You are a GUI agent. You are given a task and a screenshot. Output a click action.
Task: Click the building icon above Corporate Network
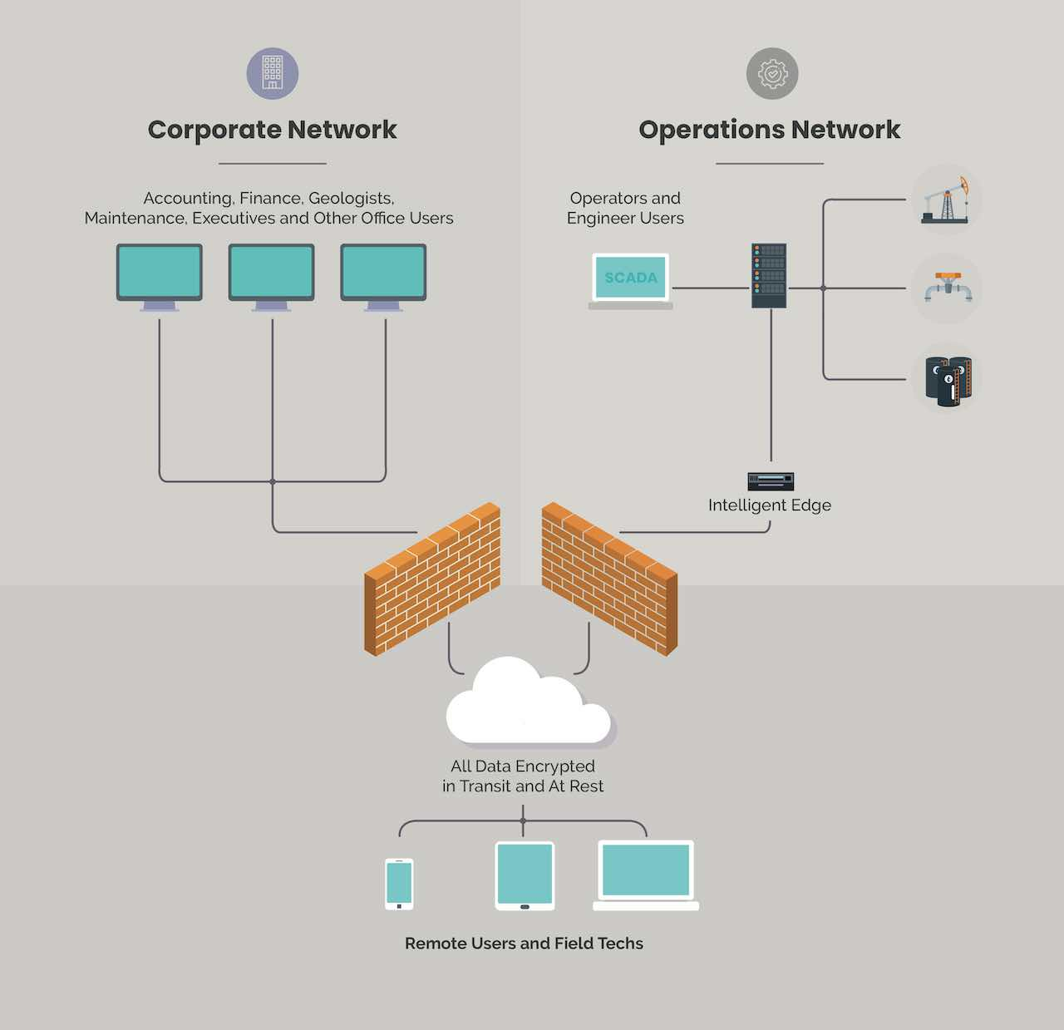pyautogui.click(x=273, y=73)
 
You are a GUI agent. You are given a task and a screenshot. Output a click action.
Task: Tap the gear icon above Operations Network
pyautogui.click(x=772, y=73)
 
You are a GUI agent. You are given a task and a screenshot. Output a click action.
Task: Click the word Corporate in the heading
pyautogui.click(x=214, y=130)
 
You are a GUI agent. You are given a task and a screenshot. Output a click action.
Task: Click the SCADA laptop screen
pyautogui.click(x=630, y=278)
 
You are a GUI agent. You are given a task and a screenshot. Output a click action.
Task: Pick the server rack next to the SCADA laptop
pyautogui.click(x=769, y=275)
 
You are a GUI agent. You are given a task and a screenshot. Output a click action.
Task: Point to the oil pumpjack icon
pyautogui.click(x=947, y=200)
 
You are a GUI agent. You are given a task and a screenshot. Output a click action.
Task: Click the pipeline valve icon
pyautogui.click(x=948, y=288)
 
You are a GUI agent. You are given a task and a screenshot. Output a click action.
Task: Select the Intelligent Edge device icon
pyautogui.click(x=771, y=481)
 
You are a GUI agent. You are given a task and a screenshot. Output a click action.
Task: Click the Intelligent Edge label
pyautogui.click(x=769, y=505)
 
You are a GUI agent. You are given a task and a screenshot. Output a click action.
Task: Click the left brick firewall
pyautogui.click(x=432, y=579)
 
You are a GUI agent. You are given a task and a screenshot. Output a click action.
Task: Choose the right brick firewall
pyautogui.click(x=609, y=579)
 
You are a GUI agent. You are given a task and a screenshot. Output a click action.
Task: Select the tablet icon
pyautogui.click(x=525, y=876)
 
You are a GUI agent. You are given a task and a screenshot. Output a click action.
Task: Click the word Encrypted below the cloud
pyautogui.click(x=554, y=766)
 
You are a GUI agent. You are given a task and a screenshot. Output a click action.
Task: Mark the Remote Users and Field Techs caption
pyautogui.click(x=524, y=944)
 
